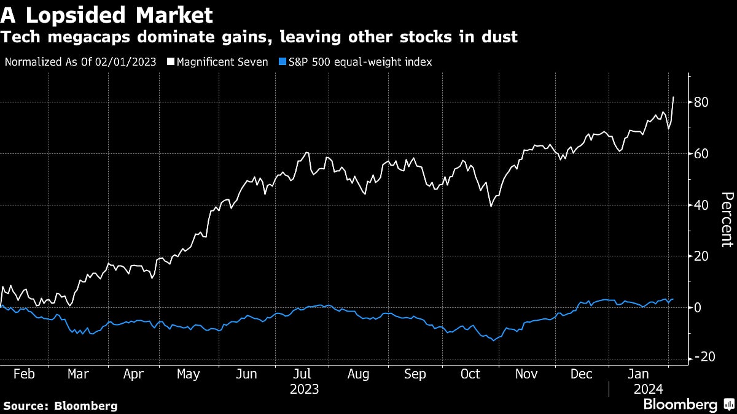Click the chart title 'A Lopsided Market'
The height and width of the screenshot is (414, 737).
point(107,14)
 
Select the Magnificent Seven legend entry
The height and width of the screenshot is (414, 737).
point(223,63)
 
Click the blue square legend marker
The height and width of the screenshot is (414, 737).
point(283,63)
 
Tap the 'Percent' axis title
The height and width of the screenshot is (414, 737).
point(726,219)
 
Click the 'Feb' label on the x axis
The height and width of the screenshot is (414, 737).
point(23,374)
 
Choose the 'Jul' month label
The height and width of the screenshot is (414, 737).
point(301,374)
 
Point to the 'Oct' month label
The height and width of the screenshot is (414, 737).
point(470,374)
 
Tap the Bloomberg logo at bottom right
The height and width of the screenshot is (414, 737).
point(688,404)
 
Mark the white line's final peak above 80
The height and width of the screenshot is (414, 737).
point(674,97)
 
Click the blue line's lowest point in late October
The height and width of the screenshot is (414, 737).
point(493,340)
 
